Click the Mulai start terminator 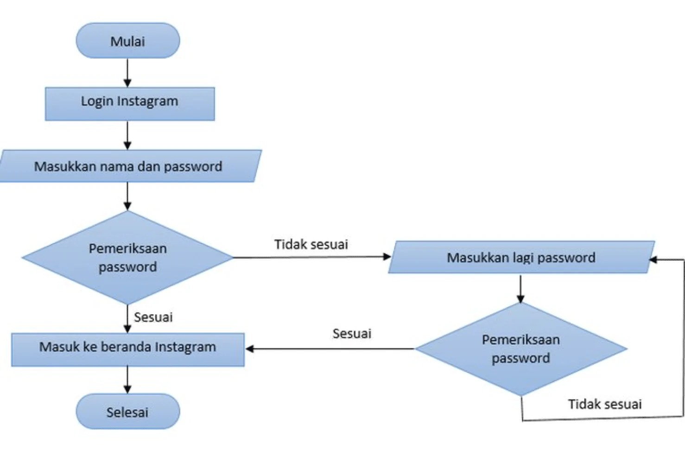tap(127, 41)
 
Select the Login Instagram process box tap(129, 103)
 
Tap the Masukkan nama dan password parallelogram tap(128, 166)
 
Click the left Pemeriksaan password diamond tap(127, 258)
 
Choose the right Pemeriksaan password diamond tap(520, 349)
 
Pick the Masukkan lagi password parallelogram tap(520, 257)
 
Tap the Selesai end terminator tap(127, 412)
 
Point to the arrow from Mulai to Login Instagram tap(127, 73)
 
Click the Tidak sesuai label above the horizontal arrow tap(311, 244)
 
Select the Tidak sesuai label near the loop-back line tap(605, 404)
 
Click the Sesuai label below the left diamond tap(153, 317)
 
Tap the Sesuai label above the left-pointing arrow tap(352, 333)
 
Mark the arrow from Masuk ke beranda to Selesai tap(127, 380)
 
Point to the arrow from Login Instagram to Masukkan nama tap(127, 135)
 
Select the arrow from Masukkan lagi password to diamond tap(520, 289)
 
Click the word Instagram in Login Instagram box tap(147, 101)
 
